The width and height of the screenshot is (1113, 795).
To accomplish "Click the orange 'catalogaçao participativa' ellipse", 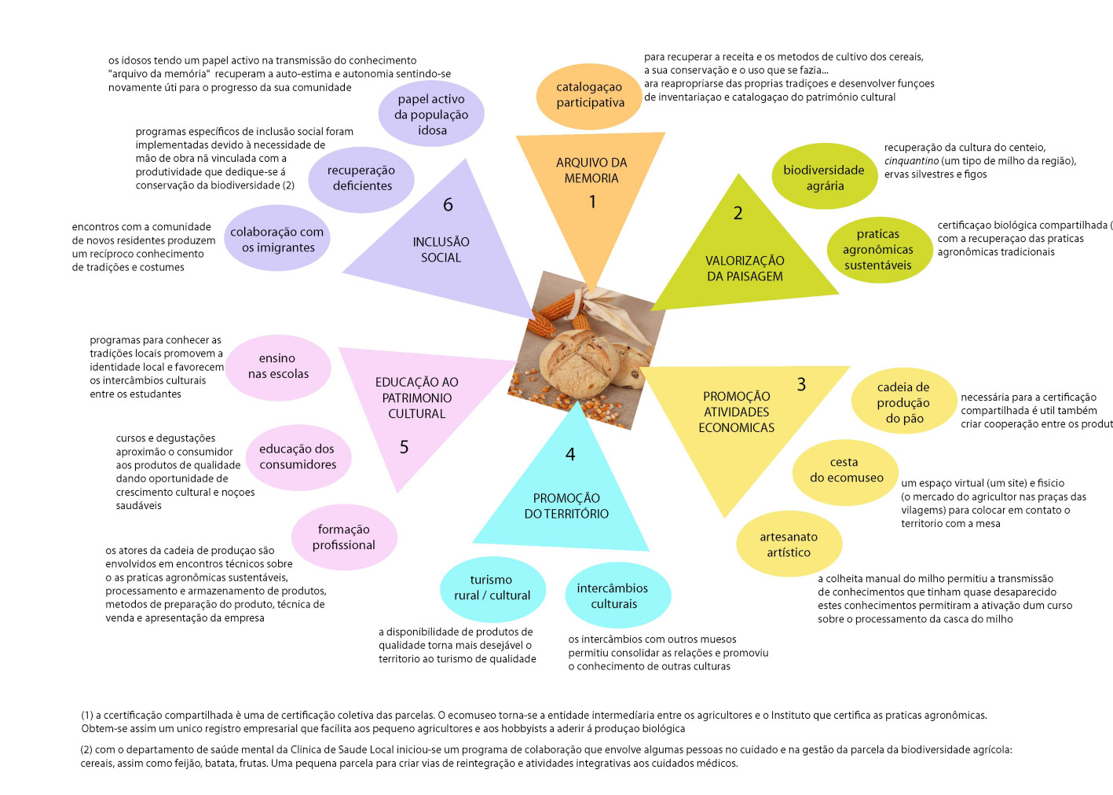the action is click(x=589, y=97).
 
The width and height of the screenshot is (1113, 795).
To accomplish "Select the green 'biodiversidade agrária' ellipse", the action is click(x=824, y=176).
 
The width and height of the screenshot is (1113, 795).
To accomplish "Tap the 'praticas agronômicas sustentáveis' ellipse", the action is click(x=880, y=250).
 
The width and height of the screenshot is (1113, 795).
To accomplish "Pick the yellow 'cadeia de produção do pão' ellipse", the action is click(x=904, y=401).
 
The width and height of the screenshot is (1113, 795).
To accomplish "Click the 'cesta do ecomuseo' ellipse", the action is click(x=845, y=473).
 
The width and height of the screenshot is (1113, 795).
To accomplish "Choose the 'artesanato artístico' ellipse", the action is click(x=789, y=544).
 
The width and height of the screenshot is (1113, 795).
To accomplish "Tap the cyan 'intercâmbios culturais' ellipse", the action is click(x=617, y=595).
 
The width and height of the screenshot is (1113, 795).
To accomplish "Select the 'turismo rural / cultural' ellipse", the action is click(x=493, y=589).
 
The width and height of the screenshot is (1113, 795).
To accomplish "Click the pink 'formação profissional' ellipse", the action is click(x=344, y=537).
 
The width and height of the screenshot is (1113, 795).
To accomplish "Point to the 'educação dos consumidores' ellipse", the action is click(x=298, y=458).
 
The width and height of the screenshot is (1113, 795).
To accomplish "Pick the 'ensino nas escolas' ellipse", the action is click(x=278, y=368).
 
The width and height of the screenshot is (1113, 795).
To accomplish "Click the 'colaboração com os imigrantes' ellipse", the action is click(x=276, y=237).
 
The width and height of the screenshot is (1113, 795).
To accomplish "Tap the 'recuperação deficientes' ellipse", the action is click(x=361, y=179).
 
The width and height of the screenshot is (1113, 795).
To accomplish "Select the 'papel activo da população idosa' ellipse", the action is click(x=431, y=113).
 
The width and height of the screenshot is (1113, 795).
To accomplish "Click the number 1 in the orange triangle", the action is click(x=592, y=202).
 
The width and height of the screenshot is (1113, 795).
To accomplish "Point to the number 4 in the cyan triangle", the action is click(x=570, y=454).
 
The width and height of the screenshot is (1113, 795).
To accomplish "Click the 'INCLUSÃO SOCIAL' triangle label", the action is click(x=441, y=250).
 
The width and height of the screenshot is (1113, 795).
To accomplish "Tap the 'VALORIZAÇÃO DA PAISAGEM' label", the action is click(x=745, y=269).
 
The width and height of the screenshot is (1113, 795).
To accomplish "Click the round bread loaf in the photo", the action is click(x=580, y=364).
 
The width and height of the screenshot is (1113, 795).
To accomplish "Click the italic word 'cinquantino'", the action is click(x=911, y=161).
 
